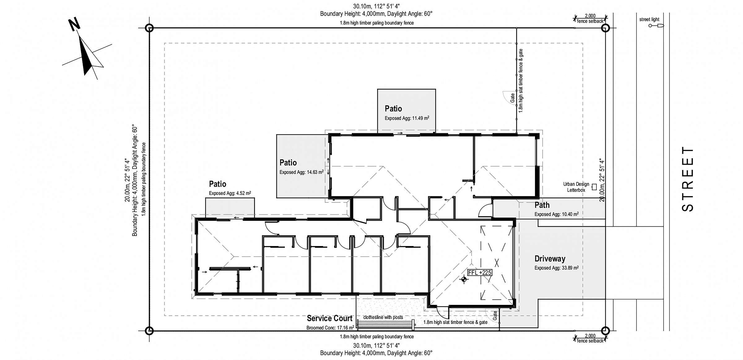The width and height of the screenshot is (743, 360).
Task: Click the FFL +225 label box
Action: (480, 272)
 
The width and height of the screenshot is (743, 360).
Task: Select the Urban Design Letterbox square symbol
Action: (594, 187)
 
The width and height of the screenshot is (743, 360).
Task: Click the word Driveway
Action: (550, 259)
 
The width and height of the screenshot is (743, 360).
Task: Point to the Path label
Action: (542, 205)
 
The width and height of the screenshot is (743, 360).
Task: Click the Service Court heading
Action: (329, 318)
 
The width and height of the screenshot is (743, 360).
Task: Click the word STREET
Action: (688, 179)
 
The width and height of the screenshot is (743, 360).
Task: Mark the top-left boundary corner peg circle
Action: (149, 28)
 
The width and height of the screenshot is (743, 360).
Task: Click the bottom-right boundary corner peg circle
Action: (605, 331)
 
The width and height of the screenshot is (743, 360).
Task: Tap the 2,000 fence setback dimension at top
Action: (590, 18)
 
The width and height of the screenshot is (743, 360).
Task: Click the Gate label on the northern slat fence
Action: (512, 98)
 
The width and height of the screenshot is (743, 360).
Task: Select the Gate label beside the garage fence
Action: (495, 315)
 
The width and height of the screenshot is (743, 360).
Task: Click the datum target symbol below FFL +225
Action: (463, 280)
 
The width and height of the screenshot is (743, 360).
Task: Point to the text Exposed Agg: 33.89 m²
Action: (556, 268)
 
